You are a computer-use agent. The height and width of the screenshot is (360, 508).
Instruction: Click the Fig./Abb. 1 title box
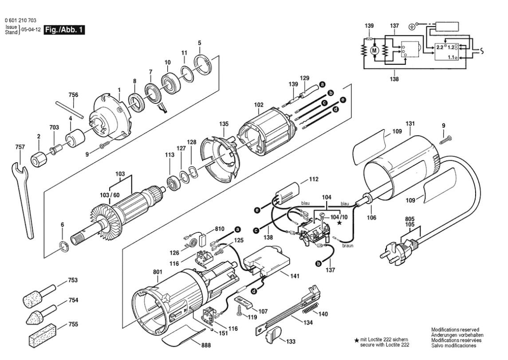pos(64,30)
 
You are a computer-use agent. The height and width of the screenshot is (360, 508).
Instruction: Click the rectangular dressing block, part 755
pos(43,335)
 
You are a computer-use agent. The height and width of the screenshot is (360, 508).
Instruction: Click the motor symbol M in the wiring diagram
pos(374,51)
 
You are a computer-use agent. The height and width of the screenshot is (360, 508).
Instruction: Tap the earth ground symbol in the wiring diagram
pos(412,27)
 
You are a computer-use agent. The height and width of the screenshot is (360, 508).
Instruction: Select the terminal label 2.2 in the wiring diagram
pos(440,47)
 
